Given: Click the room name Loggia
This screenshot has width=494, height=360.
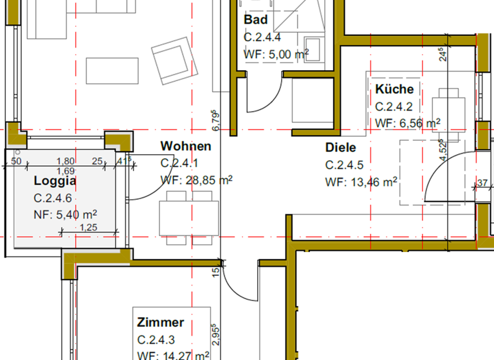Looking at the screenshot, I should (55, 181).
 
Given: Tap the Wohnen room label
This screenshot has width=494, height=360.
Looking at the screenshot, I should (186, 147).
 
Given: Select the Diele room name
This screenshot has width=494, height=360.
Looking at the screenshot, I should (340, 147).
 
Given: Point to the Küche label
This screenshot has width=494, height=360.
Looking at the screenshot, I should (394, 89).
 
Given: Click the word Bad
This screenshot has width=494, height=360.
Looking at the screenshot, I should (255, 21).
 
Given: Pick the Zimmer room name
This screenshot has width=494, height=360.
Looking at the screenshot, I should (160, 322).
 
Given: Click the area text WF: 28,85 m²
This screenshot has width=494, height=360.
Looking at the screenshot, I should (196, 181).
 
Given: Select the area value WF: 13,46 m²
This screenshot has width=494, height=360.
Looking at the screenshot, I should (360, 182).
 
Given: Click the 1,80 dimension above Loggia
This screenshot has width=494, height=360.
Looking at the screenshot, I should (65, 161).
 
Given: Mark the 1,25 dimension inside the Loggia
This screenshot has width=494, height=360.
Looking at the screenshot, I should (88, 227).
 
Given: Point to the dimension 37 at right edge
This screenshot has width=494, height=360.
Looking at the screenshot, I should (482, 183).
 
